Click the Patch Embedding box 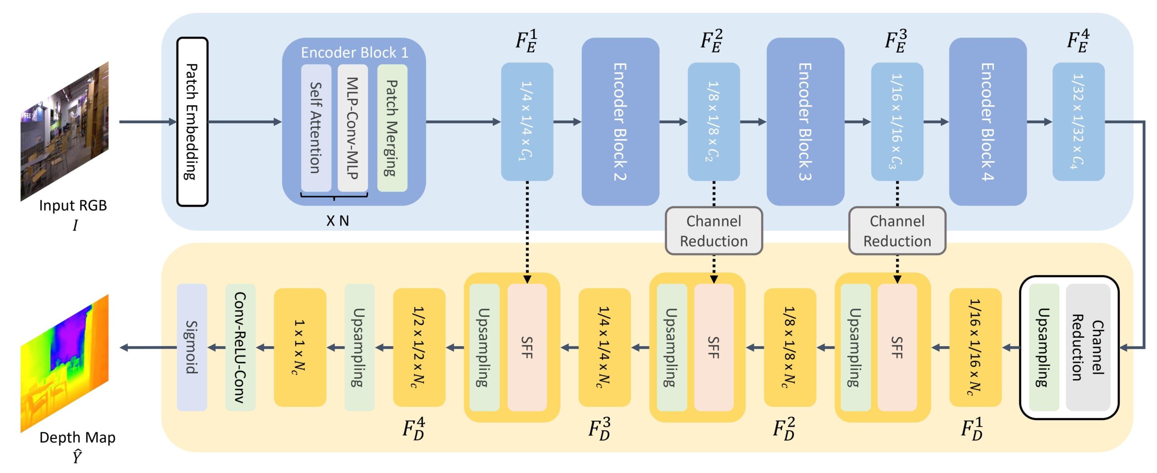[192, 122]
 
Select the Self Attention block [316, 128]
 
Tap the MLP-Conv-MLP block [352, 128]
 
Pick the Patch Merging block [392, 128]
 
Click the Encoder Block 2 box [620, 122]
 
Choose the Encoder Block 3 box [805, 122]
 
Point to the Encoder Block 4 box [988, 122]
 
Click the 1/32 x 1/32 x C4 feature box [1078, 122]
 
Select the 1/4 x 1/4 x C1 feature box [527, 122]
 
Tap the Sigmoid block [192, 347]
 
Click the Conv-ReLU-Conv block [240, 347]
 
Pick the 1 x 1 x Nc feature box [300, 347]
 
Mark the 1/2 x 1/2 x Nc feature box [419, 347]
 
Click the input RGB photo [65, 131]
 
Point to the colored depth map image [65, 363]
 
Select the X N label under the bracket [338, 221]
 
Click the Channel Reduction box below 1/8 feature [714, 231]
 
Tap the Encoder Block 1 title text [354, 53]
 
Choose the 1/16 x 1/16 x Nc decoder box [975, 347]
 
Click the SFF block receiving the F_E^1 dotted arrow [527, 347]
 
